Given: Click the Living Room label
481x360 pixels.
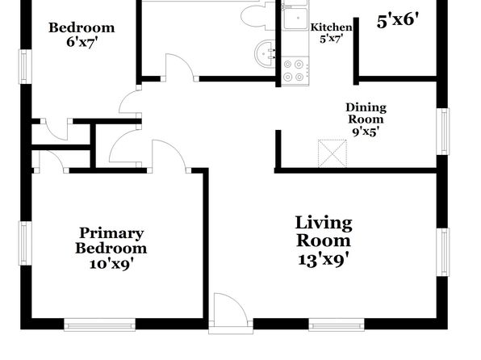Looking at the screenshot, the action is (x=324, y=232).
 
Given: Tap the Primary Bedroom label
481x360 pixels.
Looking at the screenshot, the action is (x=111, y=241).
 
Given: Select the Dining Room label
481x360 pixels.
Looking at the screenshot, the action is (x=366, y=113).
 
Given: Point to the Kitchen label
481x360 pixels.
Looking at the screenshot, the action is (x=332, y=27).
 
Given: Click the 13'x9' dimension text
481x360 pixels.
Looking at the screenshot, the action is (x=324, y=260).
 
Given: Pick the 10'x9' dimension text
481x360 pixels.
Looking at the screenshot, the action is (x=111, y=264).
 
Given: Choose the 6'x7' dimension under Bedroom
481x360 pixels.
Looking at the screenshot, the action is (x=82, y=42).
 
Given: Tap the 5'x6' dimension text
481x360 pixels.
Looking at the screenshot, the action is (x=398, y=21).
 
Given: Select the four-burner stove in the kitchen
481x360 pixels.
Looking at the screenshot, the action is (x=295, y=71).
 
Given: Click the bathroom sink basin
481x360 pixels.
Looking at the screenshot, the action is (x=265, y=54).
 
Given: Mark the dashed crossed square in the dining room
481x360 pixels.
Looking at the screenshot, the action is (x=333, y=153).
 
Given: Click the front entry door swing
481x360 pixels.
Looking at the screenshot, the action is (x=230, y=308).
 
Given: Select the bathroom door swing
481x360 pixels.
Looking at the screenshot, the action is (x=179, y=67).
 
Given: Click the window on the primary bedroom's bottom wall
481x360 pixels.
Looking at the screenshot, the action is (x=100, y=324).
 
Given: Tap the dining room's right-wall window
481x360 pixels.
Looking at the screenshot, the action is (x=442, y=132).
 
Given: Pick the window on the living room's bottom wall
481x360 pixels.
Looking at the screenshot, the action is (x=337, y=324).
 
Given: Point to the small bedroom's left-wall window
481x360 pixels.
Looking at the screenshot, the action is (x=26, y=67).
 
